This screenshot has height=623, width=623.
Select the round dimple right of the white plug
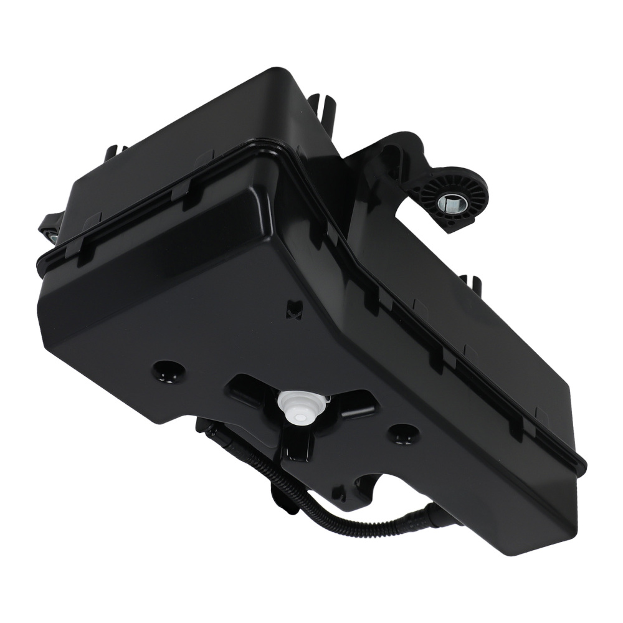[x=402, y=434]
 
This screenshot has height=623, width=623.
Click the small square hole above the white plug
[x=293, y=310]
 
